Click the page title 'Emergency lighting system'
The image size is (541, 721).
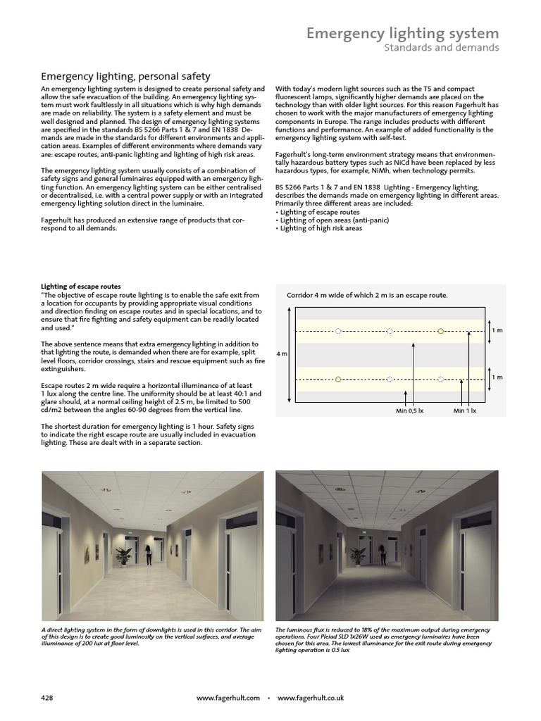(402, 33)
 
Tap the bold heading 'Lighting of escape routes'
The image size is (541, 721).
(81, 287)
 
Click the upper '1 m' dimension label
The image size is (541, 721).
(497, 330)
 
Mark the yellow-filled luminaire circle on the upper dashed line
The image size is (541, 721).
(441, 330)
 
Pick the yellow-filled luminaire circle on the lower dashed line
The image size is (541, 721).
(338, 380)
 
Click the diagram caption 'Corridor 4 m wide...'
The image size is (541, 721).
(367, 295)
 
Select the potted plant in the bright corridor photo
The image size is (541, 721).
(124, 556)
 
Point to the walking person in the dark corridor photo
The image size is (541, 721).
(381, 554)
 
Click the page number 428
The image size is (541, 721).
(47, 697)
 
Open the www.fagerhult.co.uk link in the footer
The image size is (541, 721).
(310, 697)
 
